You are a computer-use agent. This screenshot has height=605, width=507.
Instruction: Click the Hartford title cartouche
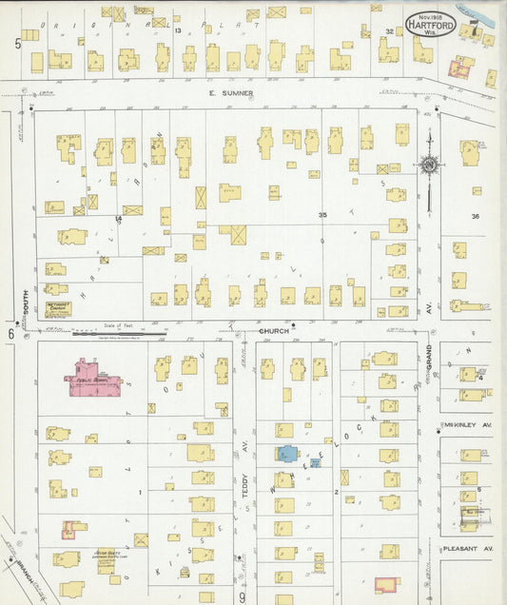tap(431, 23)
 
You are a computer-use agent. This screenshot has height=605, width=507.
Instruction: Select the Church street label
tap(273, 331)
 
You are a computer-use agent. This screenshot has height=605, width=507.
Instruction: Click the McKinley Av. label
tap(465, 425)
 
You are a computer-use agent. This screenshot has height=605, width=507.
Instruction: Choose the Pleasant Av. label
tap(467, 549)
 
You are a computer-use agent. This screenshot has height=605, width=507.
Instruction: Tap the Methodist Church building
tap(59, 308)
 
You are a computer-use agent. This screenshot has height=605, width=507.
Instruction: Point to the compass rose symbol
tap(430, 164)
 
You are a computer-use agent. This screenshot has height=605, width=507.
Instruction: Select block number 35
tap(322, 215)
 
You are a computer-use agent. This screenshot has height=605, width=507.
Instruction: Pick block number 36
tap(475, 216)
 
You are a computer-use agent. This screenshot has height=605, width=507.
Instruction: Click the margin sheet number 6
tap(11, 333)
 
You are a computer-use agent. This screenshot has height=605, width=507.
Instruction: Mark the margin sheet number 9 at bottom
tap(243, 596)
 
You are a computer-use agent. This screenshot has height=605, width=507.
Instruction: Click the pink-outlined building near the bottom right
tap(385, 585)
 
